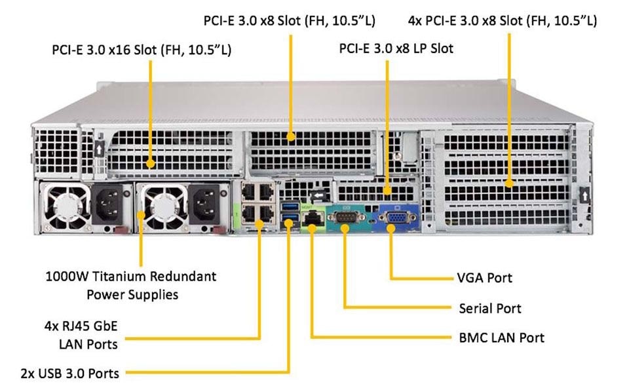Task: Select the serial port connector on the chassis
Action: point(344,217)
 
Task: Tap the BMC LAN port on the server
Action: point(313,218)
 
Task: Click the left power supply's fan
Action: point(65,205)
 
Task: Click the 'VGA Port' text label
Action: point(484,278)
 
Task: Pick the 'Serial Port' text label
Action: point(490,308)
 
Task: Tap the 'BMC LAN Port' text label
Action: point(501,338)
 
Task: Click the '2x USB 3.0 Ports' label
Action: point(69,374)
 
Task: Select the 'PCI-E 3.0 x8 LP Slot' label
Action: point(396,49)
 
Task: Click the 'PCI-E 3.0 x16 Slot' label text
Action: point(141,50)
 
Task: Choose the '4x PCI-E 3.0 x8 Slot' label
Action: point(502,20)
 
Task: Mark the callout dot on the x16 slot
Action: point(150,163)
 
